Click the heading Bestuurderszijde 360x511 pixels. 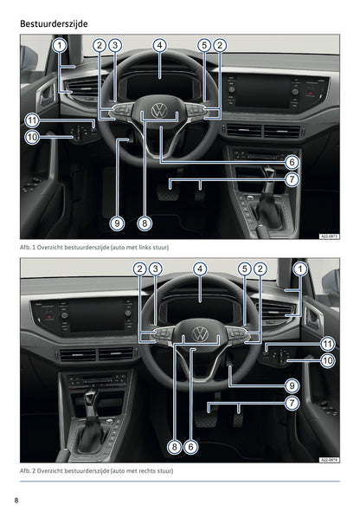click(x=54, y=23)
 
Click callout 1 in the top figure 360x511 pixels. click(x=60, y=45)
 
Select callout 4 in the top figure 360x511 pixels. click(x=159, y=45)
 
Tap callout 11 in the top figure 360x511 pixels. click(x=32, y=120)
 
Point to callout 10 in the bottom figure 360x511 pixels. click(x=327, y=360)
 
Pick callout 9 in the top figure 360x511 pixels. click(x=117, y=223)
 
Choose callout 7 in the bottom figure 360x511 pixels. click(x=292, y=403)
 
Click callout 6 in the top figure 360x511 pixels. click(x=292, y=162)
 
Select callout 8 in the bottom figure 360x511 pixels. click(x=175, y=447)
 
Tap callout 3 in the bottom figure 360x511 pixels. click(x=155, y=268)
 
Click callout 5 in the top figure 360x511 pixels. click(x=204, y=45)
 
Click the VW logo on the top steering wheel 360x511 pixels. click(x=159, y=111)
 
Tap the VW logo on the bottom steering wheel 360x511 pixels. click(x=200, y=334)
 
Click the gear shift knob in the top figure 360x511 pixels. click(x=269, y=171)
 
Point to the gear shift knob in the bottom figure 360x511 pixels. click(x=92, y=396)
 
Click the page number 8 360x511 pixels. click(x=16, y=501)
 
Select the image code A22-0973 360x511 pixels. click(x=329, y=236)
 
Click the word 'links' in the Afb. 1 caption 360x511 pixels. click(x=146, y=248)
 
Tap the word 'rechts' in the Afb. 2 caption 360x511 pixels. click(x=148, y=471)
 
